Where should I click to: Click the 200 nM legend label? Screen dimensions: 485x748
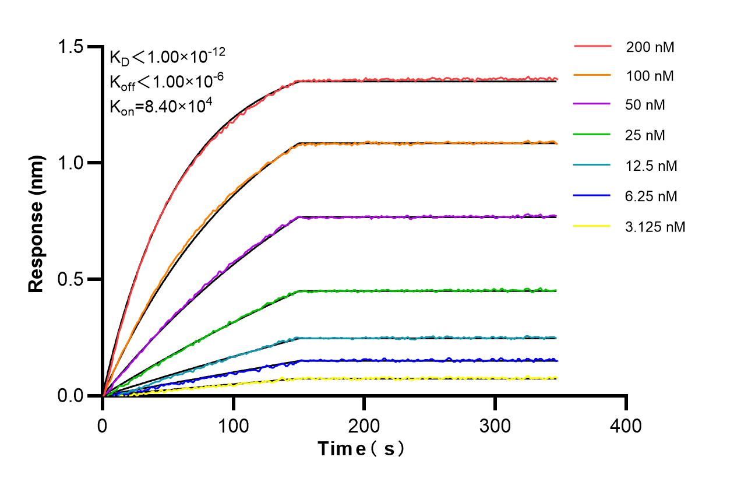coord(650,47)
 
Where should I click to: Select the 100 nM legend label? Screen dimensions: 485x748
coord(650,77)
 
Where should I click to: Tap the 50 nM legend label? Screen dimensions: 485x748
coord(645,106)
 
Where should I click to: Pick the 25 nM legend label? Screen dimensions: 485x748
coord(645,136)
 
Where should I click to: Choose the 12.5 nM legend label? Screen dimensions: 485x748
coord(652,166)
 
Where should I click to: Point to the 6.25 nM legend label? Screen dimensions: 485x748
coord(652,196)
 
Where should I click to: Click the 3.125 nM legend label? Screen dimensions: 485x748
coord(655,227)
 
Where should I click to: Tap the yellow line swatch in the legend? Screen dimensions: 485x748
coord(592,227)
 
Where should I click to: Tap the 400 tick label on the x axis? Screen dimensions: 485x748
coord(626,426)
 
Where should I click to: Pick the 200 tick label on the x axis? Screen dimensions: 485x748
coord(364,426)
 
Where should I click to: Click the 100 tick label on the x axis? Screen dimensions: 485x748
coord(233,426)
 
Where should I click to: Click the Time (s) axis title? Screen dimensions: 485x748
coord(361,449)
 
